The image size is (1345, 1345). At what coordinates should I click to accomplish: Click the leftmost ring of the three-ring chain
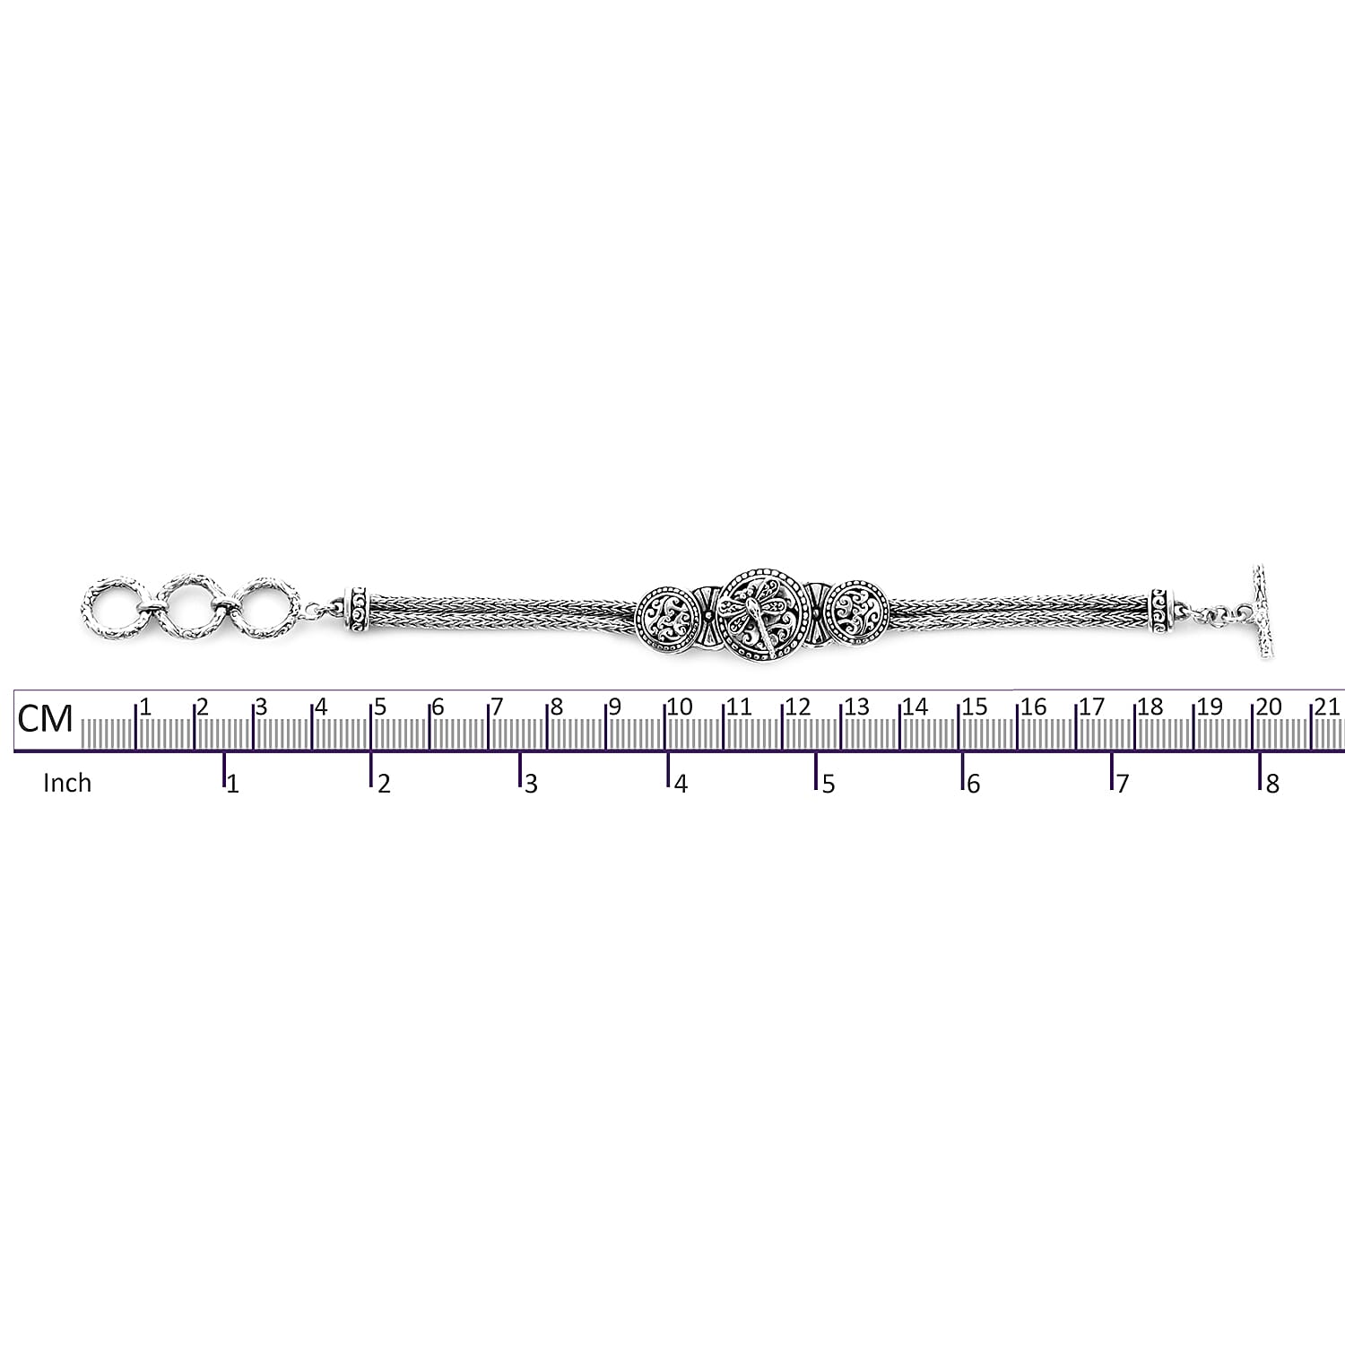114,605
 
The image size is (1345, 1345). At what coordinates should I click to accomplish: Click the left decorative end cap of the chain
359,612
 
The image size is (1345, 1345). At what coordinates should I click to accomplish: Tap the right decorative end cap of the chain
1162,612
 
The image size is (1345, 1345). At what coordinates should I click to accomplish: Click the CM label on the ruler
46,717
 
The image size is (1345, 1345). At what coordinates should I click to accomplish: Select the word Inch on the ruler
67,783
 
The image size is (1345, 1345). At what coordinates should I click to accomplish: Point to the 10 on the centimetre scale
681,707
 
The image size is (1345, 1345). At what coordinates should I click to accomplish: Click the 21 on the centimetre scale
1327,707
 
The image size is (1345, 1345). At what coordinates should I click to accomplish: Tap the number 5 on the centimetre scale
381,707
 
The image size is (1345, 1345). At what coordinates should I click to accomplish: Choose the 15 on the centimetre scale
975,707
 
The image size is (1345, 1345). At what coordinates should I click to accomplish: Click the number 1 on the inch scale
233,785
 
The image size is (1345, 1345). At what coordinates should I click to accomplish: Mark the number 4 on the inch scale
681,785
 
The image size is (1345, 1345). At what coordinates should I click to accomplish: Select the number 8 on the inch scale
1272,785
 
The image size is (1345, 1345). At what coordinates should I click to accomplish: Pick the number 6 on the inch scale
974,785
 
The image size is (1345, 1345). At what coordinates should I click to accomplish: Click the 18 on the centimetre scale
1150,707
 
